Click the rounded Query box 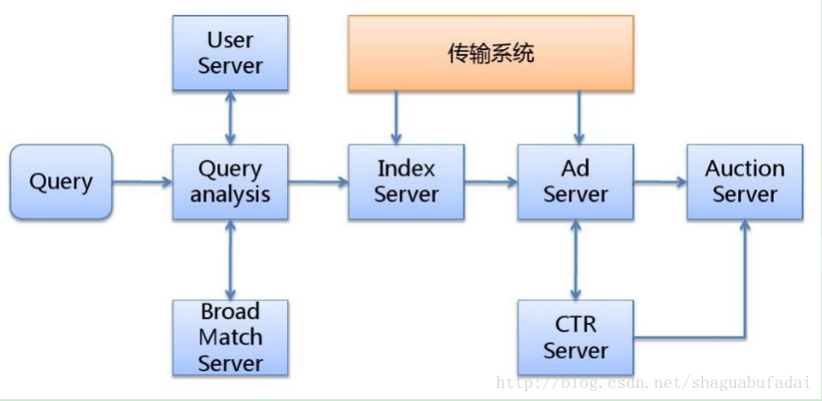[60, 182]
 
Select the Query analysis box [229, 182]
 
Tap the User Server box [229, 53]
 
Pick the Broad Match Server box [229, 337]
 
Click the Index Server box [406, 182]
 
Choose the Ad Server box [575, 182]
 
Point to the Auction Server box [744, 182]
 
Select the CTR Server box [575, 337]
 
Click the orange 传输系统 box [490, 53]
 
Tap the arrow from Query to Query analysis [142, 182]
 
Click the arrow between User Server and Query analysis [229, 117]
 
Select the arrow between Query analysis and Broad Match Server [229, 259]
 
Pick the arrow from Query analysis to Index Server [318, 182]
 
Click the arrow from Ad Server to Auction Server [659, 182]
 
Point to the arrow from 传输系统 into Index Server [398, 117]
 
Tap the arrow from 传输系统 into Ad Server [579, 117]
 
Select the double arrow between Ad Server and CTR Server [575, 259]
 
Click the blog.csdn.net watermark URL [655, 382]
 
